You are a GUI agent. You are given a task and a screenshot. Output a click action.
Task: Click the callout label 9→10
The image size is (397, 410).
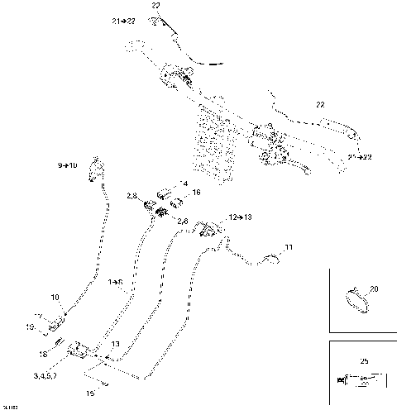click(x=67, y=166)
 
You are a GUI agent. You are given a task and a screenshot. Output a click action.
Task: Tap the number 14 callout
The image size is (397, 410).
click(x=184, y=183)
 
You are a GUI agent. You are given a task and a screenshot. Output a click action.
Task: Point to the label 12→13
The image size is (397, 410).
click(x=242, y=217)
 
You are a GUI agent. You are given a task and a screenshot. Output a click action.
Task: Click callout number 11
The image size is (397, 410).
click(x=289, y=247)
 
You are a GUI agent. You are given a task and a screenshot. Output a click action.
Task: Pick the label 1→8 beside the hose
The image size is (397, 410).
click(x=116, y=282)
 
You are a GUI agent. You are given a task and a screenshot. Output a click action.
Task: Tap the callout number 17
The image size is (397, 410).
click(x=38, y=317)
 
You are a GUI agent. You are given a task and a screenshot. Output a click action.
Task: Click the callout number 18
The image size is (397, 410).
click(x=43, y=354)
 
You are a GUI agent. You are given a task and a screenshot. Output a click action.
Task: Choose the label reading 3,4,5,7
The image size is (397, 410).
click(x=45, y=376)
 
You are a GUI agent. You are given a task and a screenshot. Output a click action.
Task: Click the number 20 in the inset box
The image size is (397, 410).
click(x=373, y=288)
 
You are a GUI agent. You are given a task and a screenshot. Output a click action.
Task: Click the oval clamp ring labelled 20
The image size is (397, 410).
click(x=356, y=298)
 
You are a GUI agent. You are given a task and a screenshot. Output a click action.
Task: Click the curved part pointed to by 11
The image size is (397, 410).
click(x=270, y=262)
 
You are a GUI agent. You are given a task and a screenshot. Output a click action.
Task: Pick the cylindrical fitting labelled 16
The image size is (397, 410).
click(x=175, y=201)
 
